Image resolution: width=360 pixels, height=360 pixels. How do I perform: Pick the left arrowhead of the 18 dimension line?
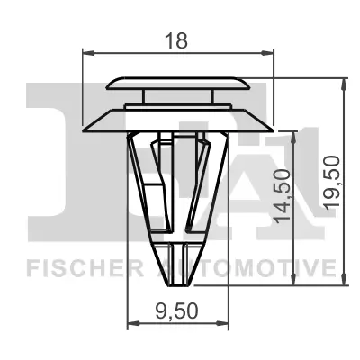(x=87, y=53)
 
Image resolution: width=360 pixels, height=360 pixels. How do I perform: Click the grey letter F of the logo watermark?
(x=54, y=153)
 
